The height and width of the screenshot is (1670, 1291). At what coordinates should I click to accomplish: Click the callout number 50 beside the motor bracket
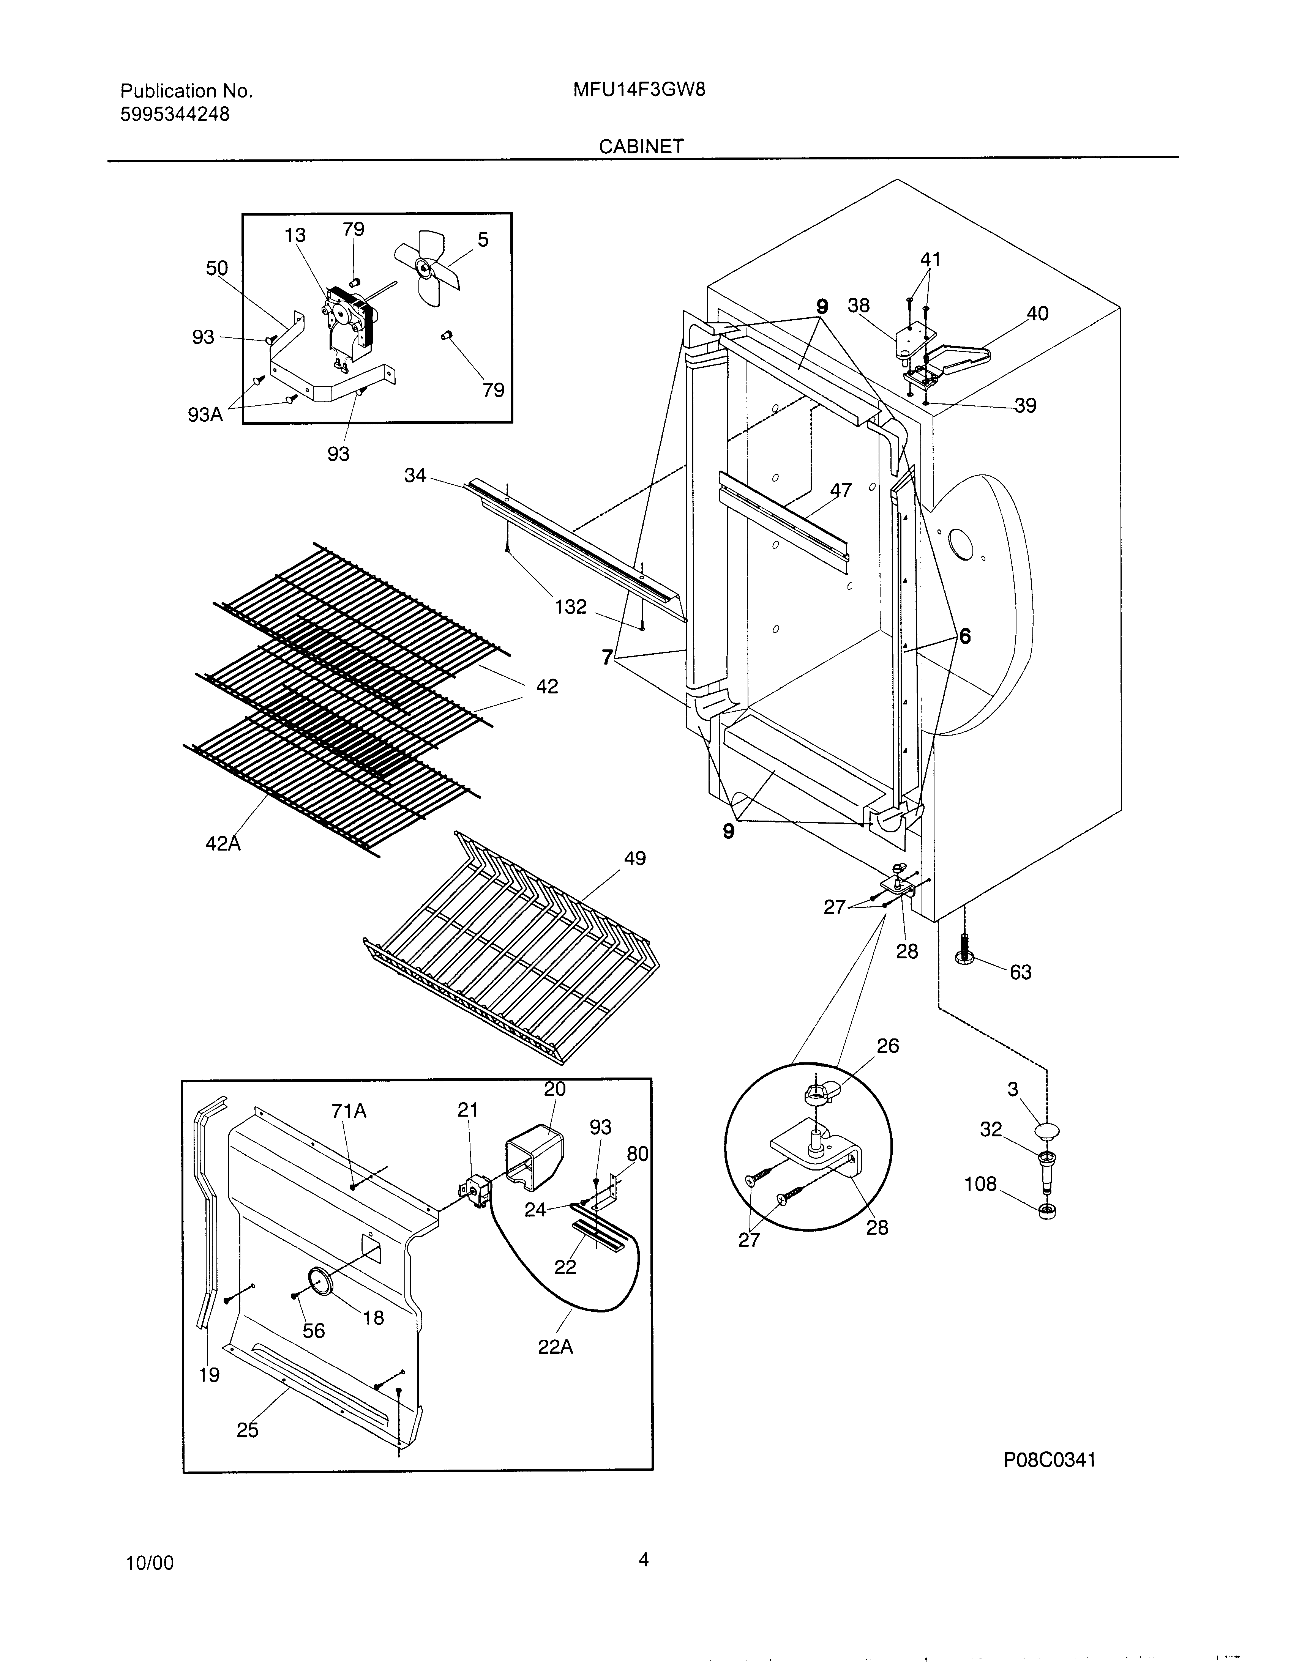tap(216, 268)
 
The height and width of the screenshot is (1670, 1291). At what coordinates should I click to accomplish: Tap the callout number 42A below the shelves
tap(223, 843)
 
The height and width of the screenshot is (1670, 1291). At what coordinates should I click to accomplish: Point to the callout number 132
tap(571, 607)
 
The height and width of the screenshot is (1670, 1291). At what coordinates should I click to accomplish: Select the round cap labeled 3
tap(1046, 1130)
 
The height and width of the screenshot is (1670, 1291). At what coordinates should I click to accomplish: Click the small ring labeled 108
tap(1046, 1211)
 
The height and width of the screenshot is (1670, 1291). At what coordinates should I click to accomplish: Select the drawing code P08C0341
tap(1050, 1460)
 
